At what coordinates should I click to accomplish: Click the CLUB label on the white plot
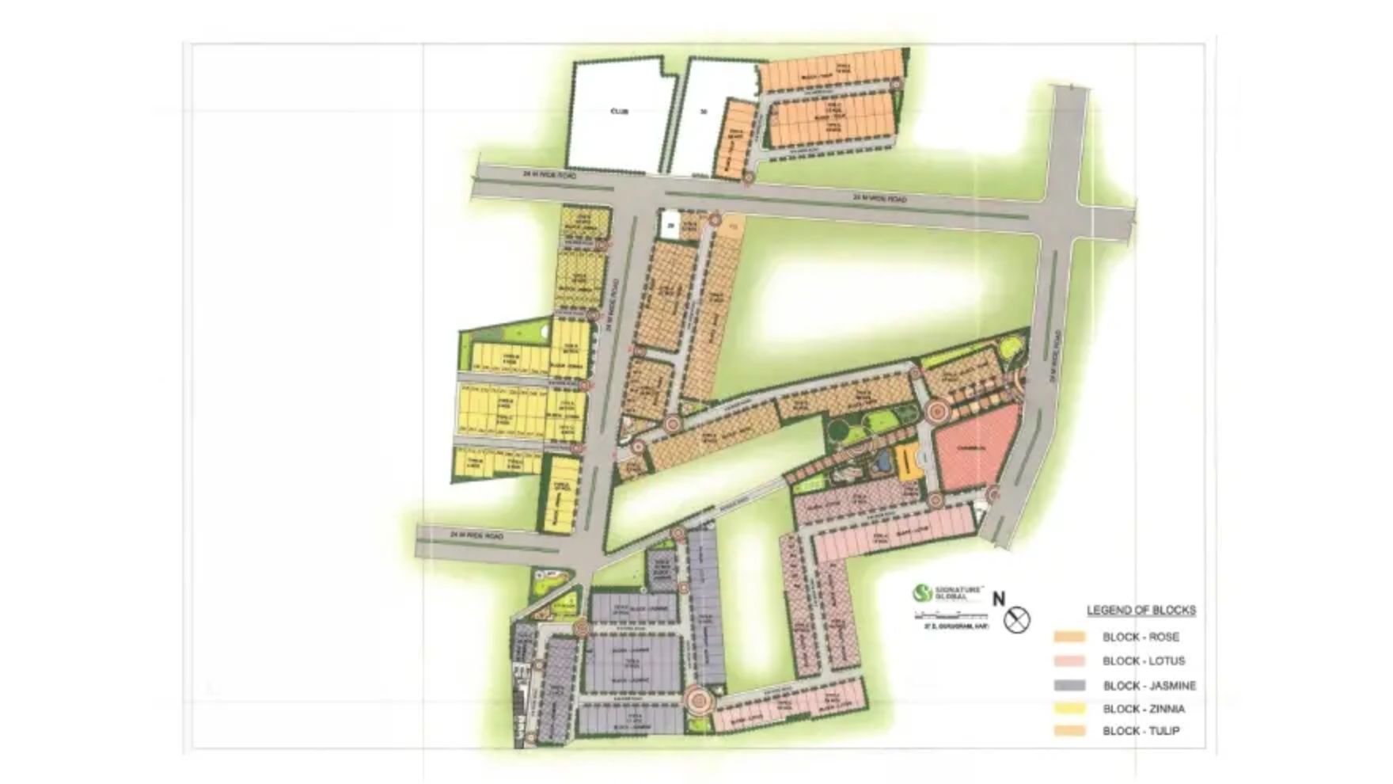[620, 112]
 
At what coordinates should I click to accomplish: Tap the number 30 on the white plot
[704, 112]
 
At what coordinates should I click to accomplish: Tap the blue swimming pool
[879, 462]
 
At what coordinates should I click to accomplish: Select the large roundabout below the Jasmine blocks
[698, 700]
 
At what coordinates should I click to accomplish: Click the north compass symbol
[1017, 619]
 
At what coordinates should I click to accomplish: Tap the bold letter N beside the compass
[999, 599]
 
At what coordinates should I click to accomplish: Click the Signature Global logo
[923, 592]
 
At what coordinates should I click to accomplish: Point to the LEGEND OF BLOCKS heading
[1141, 611]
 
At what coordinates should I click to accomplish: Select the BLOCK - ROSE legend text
[1141, 637]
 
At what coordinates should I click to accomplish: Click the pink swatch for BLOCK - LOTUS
[1069, 661]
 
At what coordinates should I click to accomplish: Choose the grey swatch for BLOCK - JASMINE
[1069, 685]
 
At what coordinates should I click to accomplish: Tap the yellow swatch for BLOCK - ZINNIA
[1069, 709]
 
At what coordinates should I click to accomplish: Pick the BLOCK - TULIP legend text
[1141, 731]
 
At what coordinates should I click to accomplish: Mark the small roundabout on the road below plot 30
[748, 179]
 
